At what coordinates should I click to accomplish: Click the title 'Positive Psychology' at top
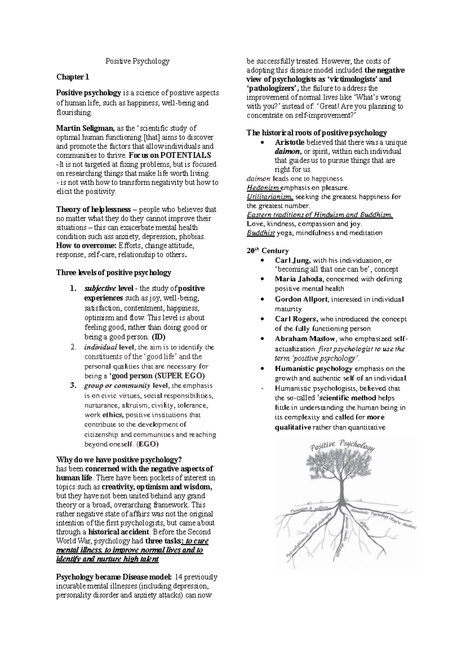(x=137, y=61)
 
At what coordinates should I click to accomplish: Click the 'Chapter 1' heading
(x=73, y=77)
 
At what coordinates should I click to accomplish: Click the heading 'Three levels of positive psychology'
(x=113, y=273)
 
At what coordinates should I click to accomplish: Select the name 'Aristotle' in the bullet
(x=289, y=142)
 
